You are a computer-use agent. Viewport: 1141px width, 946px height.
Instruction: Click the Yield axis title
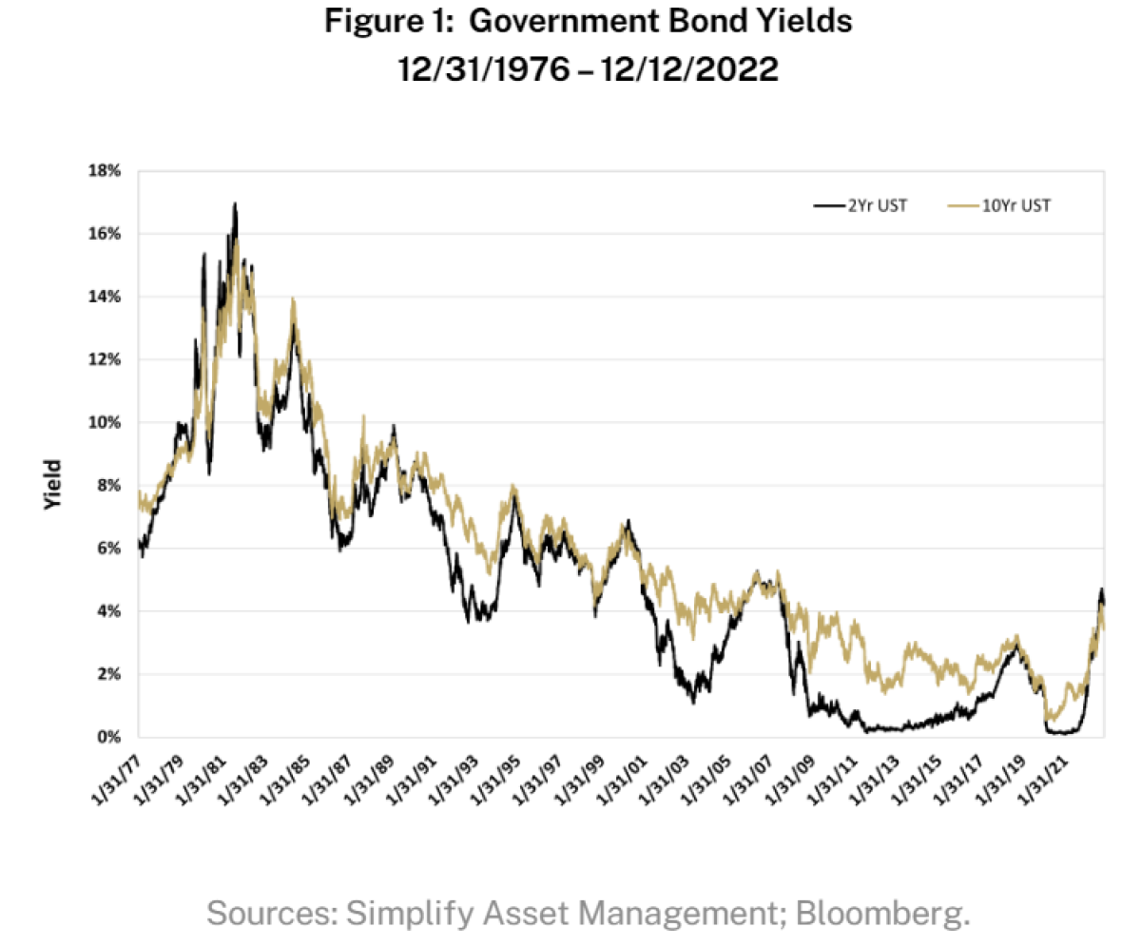(x=53, y=485)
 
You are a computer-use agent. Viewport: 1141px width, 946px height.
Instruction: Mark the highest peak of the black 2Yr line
(x=235, y=203)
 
